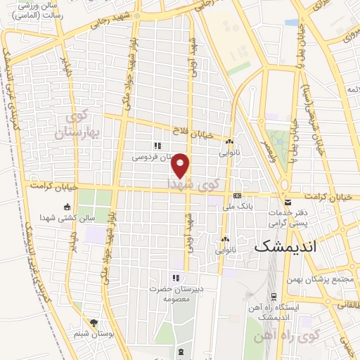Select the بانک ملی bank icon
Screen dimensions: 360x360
click(237, 196)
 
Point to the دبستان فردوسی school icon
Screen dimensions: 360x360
click(157, 146)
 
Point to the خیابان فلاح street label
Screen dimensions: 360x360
click(191, 129)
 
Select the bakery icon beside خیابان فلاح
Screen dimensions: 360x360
click(229, 141)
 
